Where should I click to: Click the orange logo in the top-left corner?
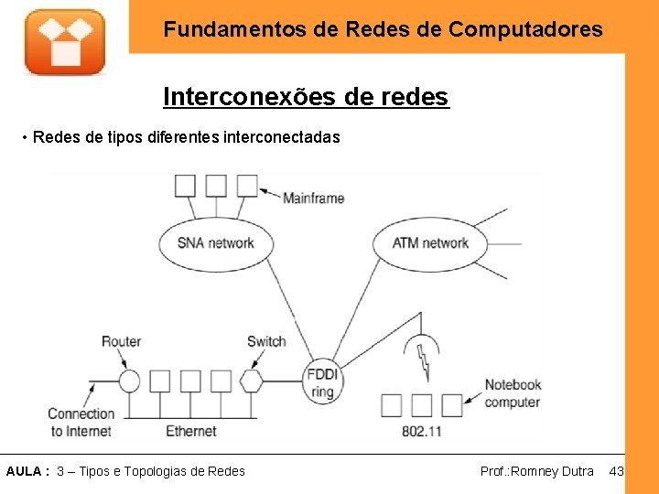(64, 41)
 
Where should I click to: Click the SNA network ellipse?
(216, 242)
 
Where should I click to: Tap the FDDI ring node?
(321, 381)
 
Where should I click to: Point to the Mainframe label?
(313, 198)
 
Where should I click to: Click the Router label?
(121, 341)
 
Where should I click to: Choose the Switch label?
(266, 341)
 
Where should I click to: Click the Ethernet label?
(190, 430)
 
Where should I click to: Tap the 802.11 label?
(422, 430)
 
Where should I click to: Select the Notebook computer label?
(513, 393)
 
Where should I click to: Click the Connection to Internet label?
(81, 422)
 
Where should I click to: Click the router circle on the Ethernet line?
(129, 381)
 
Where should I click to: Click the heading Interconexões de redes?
(306, 96)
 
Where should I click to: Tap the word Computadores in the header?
(525, 29)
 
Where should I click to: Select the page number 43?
(616, 471)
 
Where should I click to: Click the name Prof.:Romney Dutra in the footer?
(536, 471)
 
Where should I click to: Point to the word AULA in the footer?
(24, 471)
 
